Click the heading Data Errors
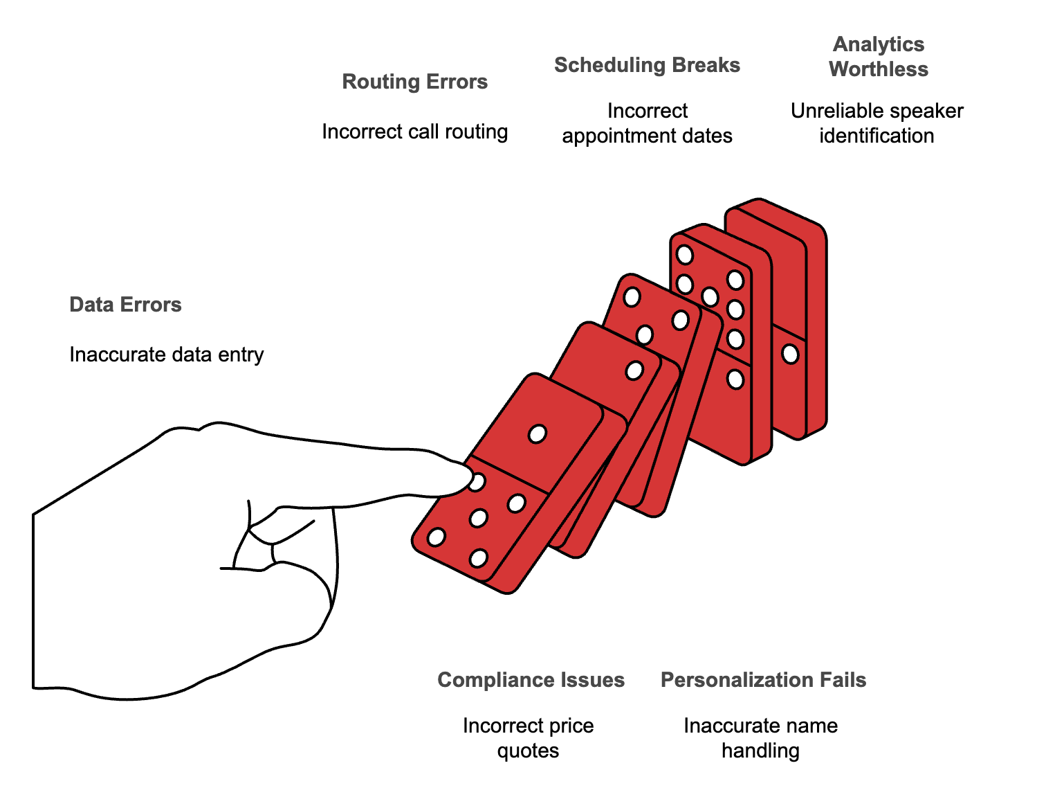(x=125, y=305)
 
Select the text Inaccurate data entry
(x=166, y=355)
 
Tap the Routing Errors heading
(x=414, y=82)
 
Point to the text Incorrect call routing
(x=414, y=132)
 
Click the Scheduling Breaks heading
(x=647, y=65)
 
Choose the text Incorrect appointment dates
(x=647, y=123)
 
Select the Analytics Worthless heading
(x=879, y=57)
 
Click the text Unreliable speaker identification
(x=877, y=123)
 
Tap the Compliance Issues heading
(x=531, y=680)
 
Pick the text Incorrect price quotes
(x=529, y=738)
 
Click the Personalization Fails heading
(x=763, y=680)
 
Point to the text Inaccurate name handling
(x=760, y=738)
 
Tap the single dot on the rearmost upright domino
(x=790, y=355)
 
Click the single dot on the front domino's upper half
(x=538, y=434)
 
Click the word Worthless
(x=879, y=69)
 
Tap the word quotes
(x=529, y=751)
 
